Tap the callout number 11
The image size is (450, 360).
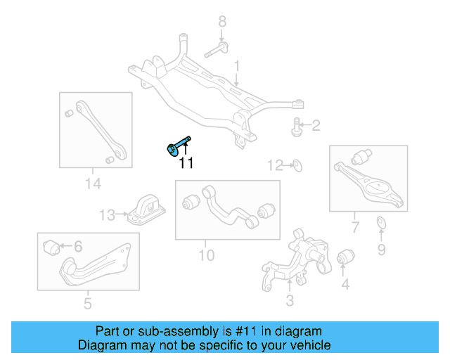pos(186,164)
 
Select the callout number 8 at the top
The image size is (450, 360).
pos(221,21)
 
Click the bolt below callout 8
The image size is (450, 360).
pos(217,50)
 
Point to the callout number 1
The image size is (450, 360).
pos(237,66)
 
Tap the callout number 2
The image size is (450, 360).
pos(316,126)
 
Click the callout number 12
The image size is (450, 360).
pos(275,166)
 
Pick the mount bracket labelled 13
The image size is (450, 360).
pos(146,210)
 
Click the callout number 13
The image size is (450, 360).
pos(106,214)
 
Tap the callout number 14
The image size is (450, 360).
pos(93,184)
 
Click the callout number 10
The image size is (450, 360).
pos(206,255)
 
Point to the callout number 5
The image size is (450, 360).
pos(87,304)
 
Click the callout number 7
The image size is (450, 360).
pos(355,226)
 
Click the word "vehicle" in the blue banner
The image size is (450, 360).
pos(306,345)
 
